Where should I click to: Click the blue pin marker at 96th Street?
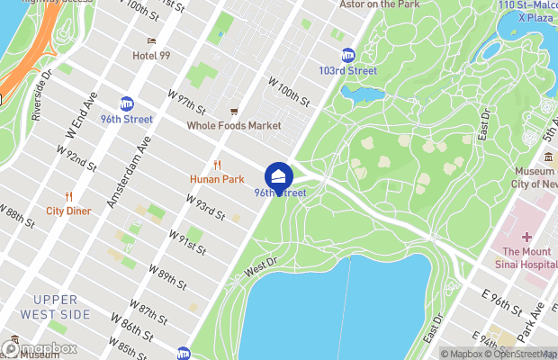click(279, 174)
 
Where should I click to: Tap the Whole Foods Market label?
click(234, 125)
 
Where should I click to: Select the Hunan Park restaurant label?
click(217, 179)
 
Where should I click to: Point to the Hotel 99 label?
click(151, 55)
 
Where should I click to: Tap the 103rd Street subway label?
click(347, 70)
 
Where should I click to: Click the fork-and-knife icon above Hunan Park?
click(217, 165)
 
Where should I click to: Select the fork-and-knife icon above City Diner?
click(68, 197)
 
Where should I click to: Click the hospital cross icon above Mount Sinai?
click(526, 237)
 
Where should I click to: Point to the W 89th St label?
click(167, 277)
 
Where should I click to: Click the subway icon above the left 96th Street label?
click(127, 104)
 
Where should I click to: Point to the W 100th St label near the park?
click(289, 90)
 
